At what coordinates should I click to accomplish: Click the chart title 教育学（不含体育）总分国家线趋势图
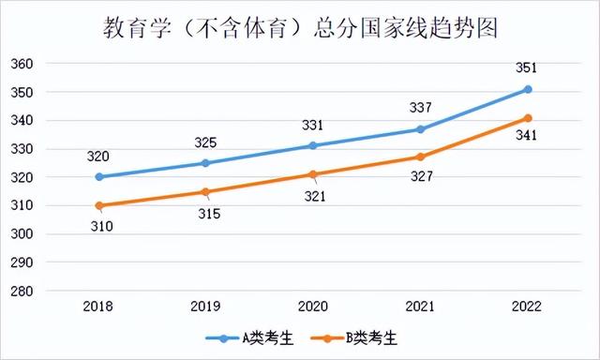click(x=300, y=27)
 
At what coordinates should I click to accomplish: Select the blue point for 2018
click(x=99, y=176)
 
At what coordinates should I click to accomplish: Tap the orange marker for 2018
click(x=99, y=205)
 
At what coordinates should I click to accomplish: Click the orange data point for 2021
click(x=421, y=157)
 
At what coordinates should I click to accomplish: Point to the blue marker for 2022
click(x=528, y=89)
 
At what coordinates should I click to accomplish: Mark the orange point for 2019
click(x=206, y=191)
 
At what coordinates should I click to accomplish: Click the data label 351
click(x=528, y=67)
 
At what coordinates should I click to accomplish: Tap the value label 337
click(x=421, y=107)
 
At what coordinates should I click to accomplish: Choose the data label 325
click(x=206, y=142)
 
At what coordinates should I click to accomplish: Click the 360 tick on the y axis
click(x=22, y=64)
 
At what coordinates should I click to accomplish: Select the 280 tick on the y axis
click(x=22, y=291)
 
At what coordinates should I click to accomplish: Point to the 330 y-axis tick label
click(x=22, y=149)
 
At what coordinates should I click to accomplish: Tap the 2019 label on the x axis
click(x=206, y=307)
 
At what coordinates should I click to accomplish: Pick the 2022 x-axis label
click(x=528, y=307)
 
